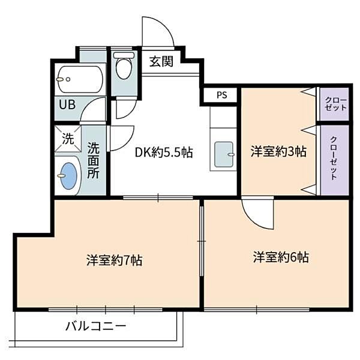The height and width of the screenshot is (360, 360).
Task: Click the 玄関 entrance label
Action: pyautogui.click(x=161, y=62)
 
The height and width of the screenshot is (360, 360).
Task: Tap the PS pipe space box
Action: pyautogui.click(x=222, y=95)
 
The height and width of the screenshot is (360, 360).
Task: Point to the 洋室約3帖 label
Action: pyautogui.click(x=278, y=152)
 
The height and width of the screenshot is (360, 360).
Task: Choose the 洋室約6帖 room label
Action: pyautogui.click(x=280, y=258)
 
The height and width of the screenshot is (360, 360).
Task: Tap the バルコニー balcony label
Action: pyautogui.click(x=96, y=327)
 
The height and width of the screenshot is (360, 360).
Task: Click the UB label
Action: pyautogui.click(x=67, y=103)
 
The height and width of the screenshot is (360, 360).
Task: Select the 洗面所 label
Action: pyautogui.click(x=94, y=160)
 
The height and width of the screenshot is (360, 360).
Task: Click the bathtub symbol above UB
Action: pyautogui.click(x=80, y=79)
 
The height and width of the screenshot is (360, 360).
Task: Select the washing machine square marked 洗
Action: pyautogui.click(x=67, y=139)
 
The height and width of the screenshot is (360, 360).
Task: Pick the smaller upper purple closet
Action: pyautogui.click(x=335, y=104)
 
